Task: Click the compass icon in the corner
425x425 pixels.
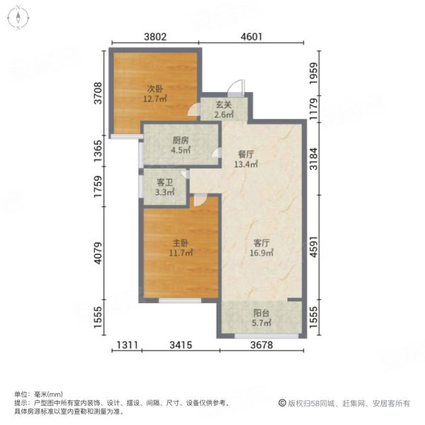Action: pyautogui.click(x=18, y=18)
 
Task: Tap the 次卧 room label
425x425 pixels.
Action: pyautogui.click(x=155, y=89)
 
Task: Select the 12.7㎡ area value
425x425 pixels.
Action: pyautogui.click(x=155, y=98)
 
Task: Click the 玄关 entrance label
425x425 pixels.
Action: pyautogui.click(x=224, y=105)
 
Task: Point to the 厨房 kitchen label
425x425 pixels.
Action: pyautogui.click(x=181, y=140)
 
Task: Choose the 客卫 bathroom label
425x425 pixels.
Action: pyautogui.click(x=164, y=183)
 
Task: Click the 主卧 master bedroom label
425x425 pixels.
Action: pyautogui.click(x=181, y=243)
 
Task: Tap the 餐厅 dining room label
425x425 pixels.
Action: pyautogui.click(x=246, y=154)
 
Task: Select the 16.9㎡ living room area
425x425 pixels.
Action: pyautogui.click(x=261, y=253)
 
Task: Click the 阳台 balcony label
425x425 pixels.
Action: pyautogui.click(x=261, y=313)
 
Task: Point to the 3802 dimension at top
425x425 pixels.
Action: pyautogui.click(x=155, y=37)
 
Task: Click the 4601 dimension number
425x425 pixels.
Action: pyautogui.click(x=251, y=37)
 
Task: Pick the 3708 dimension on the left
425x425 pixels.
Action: pyautogui.click(x=98, y=93)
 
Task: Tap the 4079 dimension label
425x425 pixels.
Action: pyautogui.click(x=98, y=253)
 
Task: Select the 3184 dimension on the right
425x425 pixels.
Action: pyautogui.click(x=314, y=159)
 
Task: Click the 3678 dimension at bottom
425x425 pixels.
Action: pyautogui.click(x=261, y=345)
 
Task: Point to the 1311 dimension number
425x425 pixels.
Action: pyautogui.click(x=127, y=345)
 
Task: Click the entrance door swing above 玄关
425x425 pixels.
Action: pyautogui.click(x=236, y=88)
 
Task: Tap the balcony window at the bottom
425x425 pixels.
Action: pyautogui.click(x=266, y=336)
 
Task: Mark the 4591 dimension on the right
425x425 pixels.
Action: pyautogui.click(x=314, y=247)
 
